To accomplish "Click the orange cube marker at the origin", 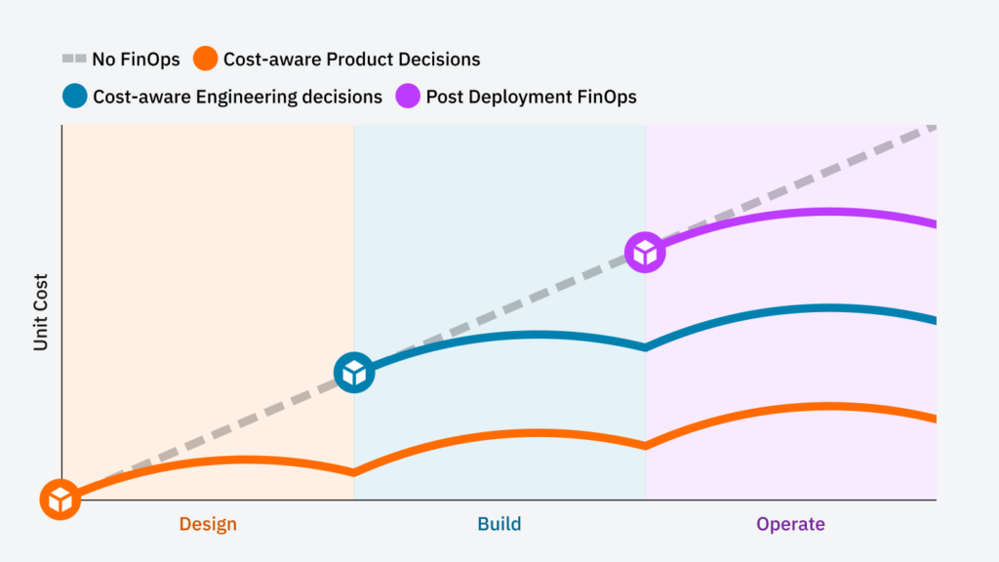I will [x=60, y=500].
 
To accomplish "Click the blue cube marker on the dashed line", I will [x=354, y=373].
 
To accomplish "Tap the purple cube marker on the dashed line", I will [x=645, y=253].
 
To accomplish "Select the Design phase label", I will [x=208, y=525].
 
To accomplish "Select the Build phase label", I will [x=499, y=525].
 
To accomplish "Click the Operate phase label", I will [x=790, y=525].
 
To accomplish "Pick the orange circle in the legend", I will [x=205, y=60].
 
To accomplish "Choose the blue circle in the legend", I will [x=73, y=97].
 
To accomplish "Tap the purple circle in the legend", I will [x=408, y=97].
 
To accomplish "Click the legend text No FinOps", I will [x=136, y=60].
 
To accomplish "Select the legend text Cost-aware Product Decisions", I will [x=351, y=60].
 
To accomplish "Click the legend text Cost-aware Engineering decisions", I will [x=237, y=97].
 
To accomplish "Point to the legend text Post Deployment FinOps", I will [x=531, y=97].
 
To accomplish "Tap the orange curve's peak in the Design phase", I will [x=244, y=459].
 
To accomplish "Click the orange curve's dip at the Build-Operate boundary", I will [x=645, y=446].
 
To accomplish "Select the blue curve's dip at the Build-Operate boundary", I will [x=645, y=347].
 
